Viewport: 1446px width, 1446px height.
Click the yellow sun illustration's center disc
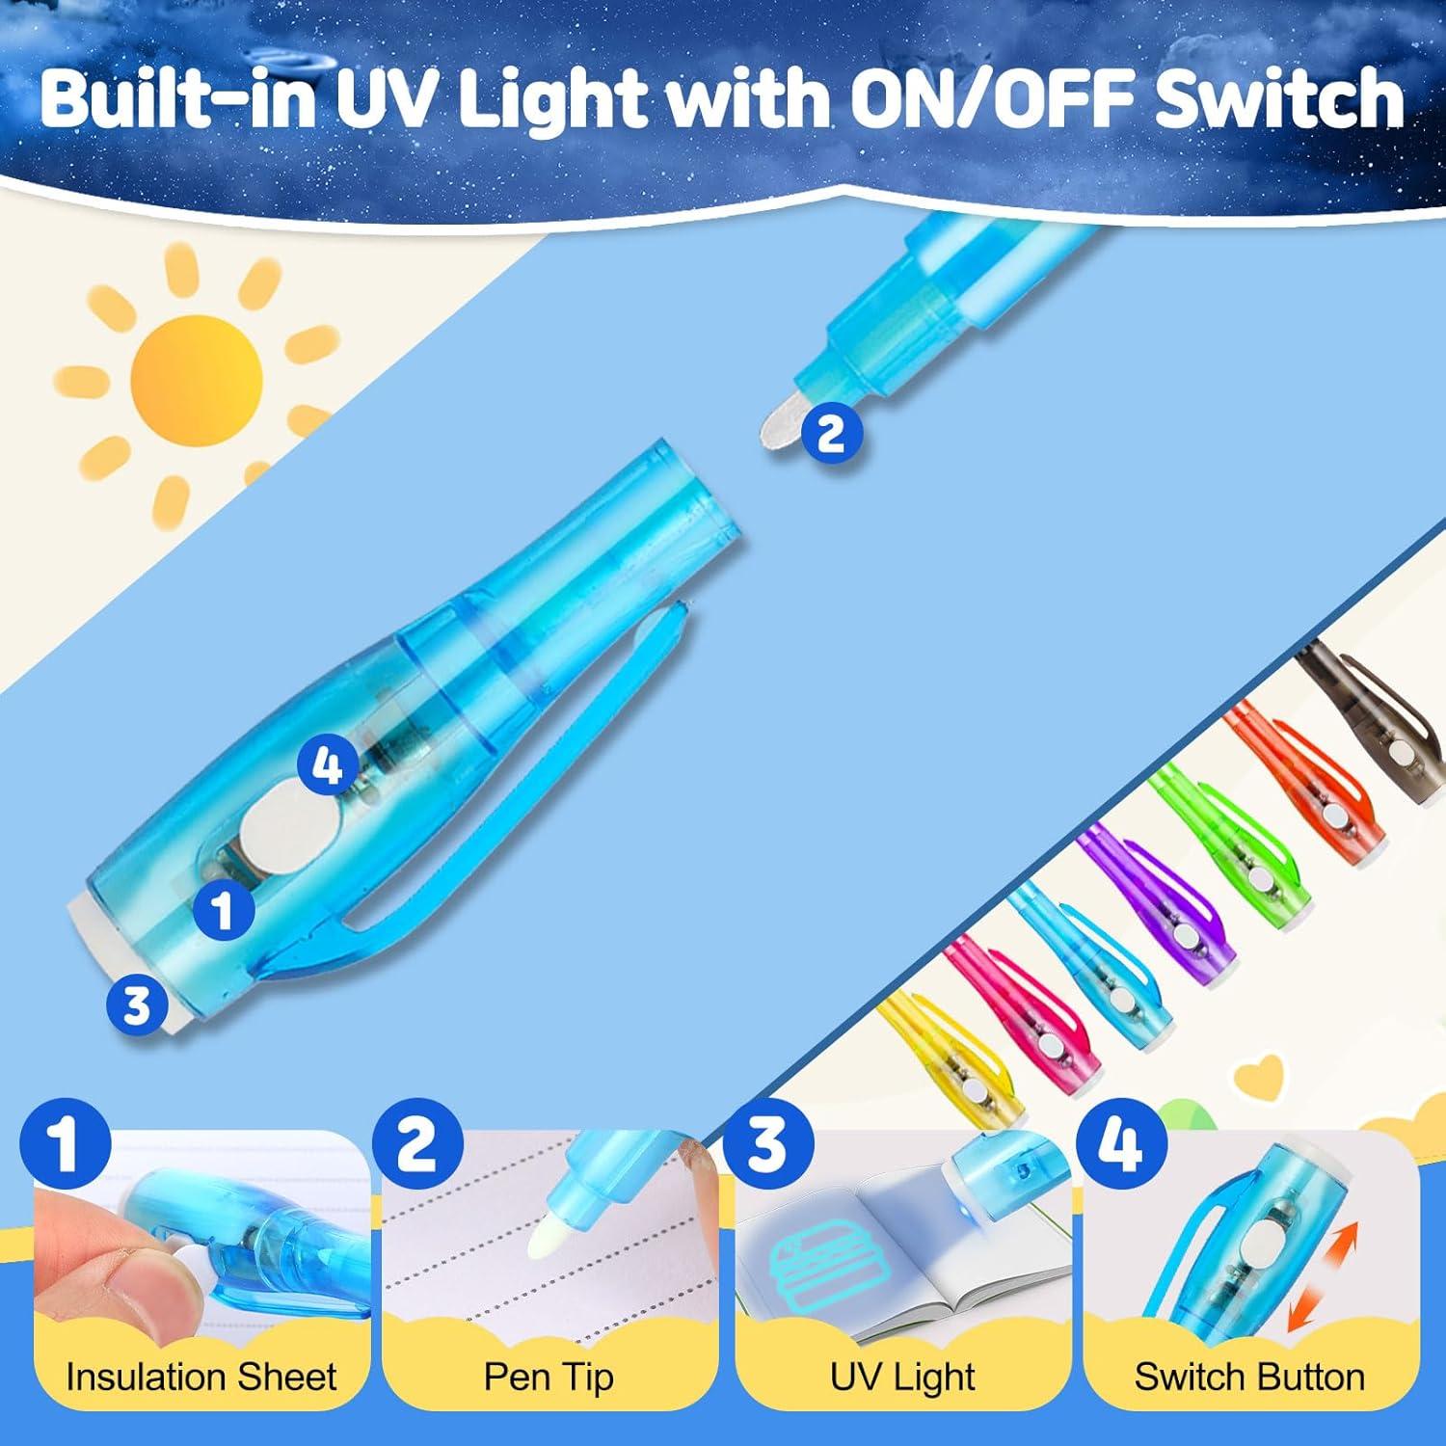click(x=197, y=377)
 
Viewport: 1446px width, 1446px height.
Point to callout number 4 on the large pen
click(x=328, y=768)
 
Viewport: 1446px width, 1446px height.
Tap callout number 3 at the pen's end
click(x=137, y=1004)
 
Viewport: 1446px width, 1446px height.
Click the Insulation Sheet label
click(x=201, y=1377)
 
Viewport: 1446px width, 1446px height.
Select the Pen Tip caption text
click(x=549, y=1377)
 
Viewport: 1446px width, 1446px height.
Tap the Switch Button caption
click(x=1249, y=1377)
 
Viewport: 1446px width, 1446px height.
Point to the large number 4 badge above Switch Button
click(x=1121, y=1144)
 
